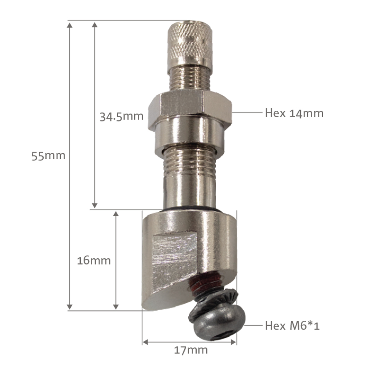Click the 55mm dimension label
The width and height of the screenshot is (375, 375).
coord(49,156)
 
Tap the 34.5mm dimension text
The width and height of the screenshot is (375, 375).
coord(121,116)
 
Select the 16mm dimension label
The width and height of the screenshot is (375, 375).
coord(94,261)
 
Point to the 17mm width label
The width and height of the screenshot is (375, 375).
coord(190,350)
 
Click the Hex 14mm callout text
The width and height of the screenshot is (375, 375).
coord(294,113)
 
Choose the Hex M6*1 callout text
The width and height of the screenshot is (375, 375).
coord(292,325)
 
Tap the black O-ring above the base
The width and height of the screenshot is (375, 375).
coord(190,207)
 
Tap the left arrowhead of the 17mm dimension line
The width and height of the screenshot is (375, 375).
coord(145,342)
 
